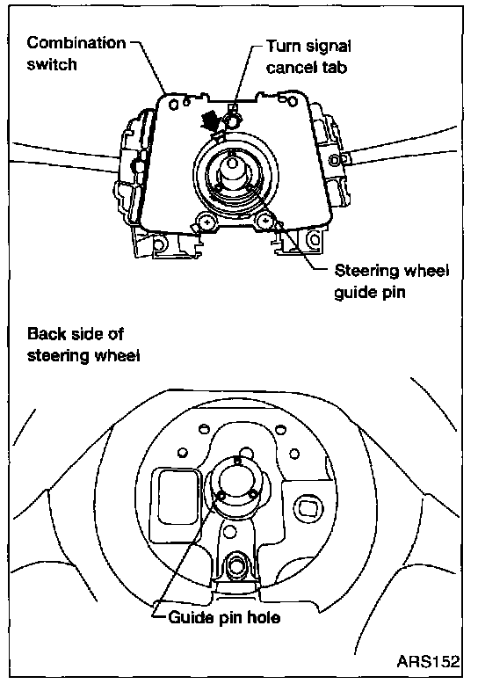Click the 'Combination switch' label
click(76, 54)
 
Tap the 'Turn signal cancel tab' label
click(308, 56)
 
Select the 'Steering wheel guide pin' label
click(391, 281)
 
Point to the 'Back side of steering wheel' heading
click(83, 344)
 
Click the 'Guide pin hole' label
click(224, 617)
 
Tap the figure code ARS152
click(428, 661)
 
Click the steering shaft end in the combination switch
click(232, 164)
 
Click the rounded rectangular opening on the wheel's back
click(175, 495)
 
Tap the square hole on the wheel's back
click(308, 507)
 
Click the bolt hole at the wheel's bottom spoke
click(236, 565)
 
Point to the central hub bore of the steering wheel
click(236, 477)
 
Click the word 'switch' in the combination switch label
click(52, 64)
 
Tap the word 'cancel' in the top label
click(293, 68)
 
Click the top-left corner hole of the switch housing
click(174, 106)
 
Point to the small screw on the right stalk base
click(335, 160)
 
